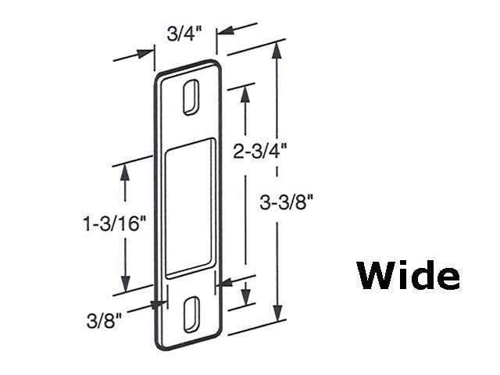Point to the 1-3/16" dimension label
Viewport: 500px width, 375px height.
point(116,224)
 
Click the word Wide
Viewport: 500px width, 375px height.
point(409,276)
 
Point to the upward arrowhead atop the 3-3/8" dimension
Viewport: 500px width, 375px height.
point(277,50)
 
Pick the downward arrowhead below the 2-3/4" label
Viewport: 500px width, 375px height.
point(246,299)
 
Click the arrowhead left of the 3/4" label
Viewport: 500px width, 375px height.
point(145,53)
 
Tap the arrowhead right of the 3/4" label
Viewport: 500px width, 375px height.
point(225,34)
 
